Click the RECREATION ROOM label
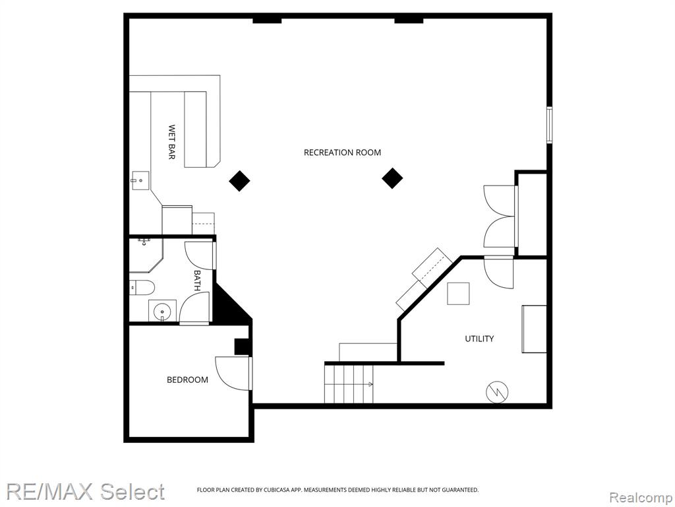[342, 152]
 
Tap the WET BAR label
[171, 143]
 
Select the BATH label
[197, 280]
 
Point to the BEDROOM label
[187, 380]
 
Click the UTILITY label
[479, 339]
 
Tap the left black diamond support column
[239, 181]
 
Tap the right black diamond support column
[392, 178]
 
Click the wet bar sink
[140, 181]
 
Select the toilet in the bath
[142, 287]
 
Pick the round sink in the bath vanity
[163, 310]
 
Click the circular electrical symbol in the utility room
[497, 392]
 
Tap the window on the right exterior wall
[549, 125]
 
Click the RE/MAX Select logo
[85, 492]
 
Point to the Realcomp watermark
[641, 498]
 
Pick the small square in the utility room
[458, 294]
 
